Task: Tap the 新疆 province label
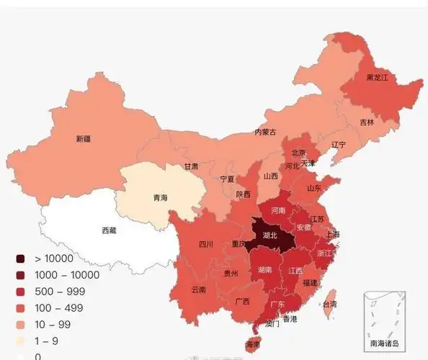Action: point(84,138)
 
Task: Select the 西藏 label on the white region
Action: point(109,230)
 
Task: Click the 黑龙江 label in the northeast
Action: point(377,77)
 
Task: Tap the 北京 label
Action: point(298,153)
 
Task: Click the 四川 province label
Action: point(205,244)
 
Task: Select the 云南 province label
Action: point(199,289)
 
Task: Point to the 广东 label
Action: point(277,304)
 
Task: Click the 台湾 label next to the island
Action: point(329,305)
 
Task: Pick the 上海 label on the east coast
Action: point(333,234)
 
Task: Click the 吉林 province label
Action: point(367,122)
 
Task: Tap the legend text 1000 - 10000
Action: point(66,274)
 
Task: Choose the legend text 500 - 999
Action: point(59,291)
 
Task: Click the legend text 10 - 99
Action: point(54,324)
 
